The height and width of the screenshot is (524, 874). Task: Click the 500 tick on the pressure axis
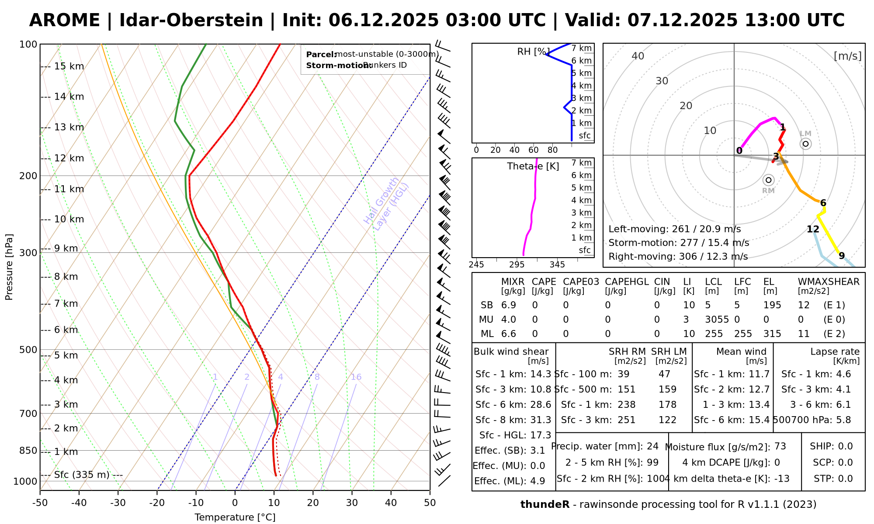[28, 350]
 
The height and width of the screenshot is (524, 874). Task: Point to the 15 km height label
[69, 66]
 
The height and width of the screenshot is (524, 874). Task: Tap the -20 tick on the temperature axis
[157, 503]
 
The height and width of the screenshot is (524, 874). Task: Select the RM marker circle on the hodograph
[768, 180]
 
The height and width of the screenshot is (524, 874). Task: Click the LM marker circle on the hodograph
[805, 144]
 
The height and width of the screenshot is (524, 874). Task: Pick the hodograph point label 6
[823, 203]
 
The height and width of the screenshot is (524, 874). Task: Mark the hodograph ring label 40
[638, 56]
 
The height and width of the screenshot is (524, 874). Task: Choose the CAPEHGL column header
[627, 282]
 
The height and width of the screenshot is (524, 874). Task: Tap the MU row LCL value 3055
[717, 320]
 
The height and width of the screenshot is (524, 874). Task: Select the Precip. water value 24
[652, 446]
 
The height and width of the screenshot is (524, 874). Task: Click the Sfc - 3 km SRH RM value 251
[626, 420]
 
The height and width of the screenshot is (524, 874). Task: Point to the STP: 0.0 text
[833, 479]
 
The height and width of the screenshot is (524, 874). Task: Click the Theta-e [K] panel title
[533, 166]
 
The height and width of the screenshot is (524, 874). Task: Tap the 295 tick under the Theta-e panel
[517, 265]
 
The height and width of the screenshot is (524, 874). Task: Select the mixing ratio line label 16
[356, 377]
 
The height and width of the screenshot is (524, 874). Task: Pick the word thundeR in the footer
[545, 505]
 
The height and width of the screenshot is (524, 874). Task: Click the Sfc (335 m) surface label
[82, 475]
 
